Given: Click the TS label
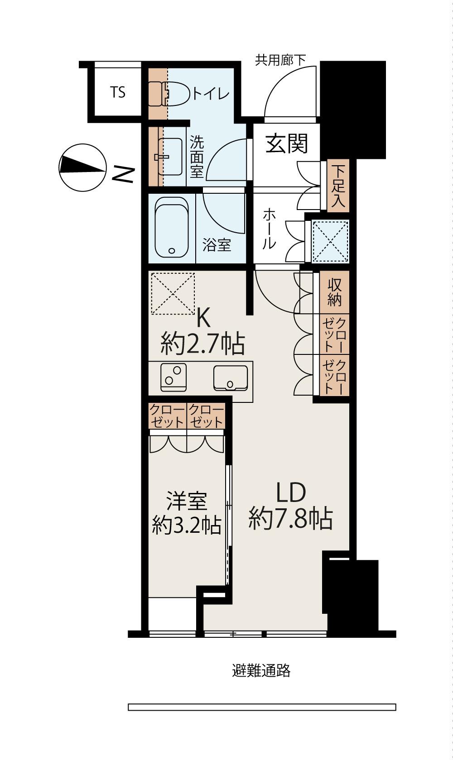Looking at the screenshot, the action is tap(118, 92).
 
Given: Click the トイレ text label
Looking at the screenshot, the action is tap(211, 94).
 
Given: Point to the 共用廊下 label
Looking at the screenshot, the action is tap(280, 60).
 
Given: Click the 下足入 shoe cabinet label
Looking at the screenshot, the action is tap(338, 186).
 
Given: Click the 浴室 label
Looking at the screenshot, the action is tap(217, 244).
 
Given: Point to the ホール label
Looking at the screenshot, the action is tap(270, 229).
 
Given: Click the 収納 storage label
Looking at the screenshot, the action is tap(334, 292).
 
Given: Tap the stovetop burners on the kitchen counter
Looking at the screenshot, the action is tap(173, 378).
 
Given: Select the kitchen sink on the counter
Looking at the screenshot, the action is tap(231, 378).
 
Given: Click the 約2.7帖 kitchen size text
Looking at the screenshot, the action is tap(203, 344).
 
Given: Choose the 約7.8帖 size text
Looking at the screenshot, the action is tap(290, 519).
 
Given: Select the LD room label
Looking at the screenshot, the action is tap(291, 492).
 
